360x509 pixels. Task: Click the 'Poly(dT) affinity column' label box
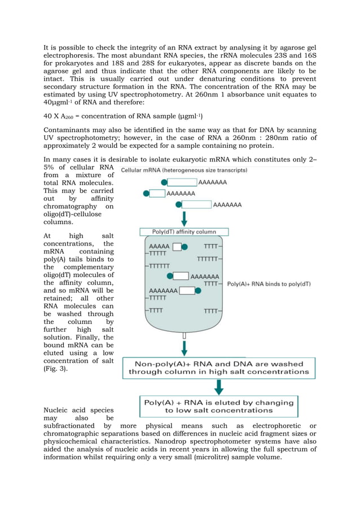(x=185, y=231)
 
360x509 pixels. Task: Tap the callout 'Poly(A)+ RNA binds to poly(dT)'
(x=269, y=284)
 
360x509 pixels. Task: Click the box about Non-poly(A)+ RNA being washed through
(x=218, y=368)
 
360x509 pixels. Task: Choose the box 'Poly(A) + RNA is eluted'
(x=218, y=406)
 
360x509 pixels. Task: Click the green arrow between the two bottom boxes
(x=218, y=387)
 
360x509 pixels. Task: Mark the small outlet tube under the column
(x=185, y=336)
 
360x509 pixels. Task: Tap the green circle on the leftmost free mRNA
(x=147, y=193)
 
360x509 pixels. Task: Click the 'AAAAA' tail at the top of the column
(x=159, y=247)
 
